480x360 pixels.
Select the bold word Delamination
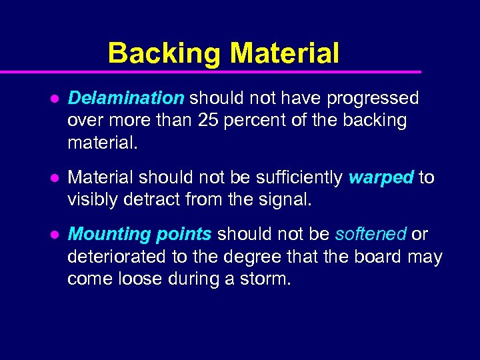[x=126, y=99]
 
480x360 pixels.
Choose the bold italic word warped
[x=381, y=177]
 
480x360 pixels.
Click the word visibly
[x=93, y=200]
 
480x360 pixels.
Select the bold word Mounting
[x=110, y=234]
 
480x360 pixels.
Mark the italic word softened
[x=371, y=234]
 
